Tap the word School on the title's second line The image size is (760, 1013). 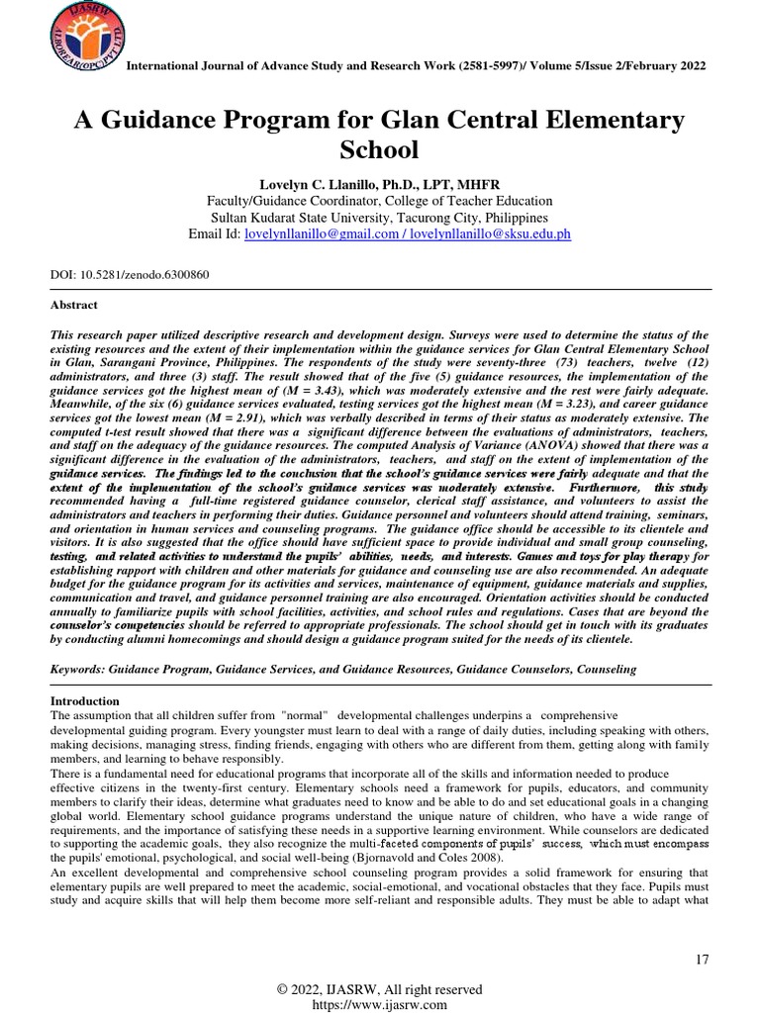380,150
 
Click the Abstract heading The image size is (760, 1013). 74,306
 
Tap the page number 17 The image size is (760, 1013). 702,961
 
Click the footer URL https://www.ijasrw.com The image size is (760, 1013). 379,1004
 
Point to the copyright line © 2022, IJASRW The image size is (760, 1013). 379,989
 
